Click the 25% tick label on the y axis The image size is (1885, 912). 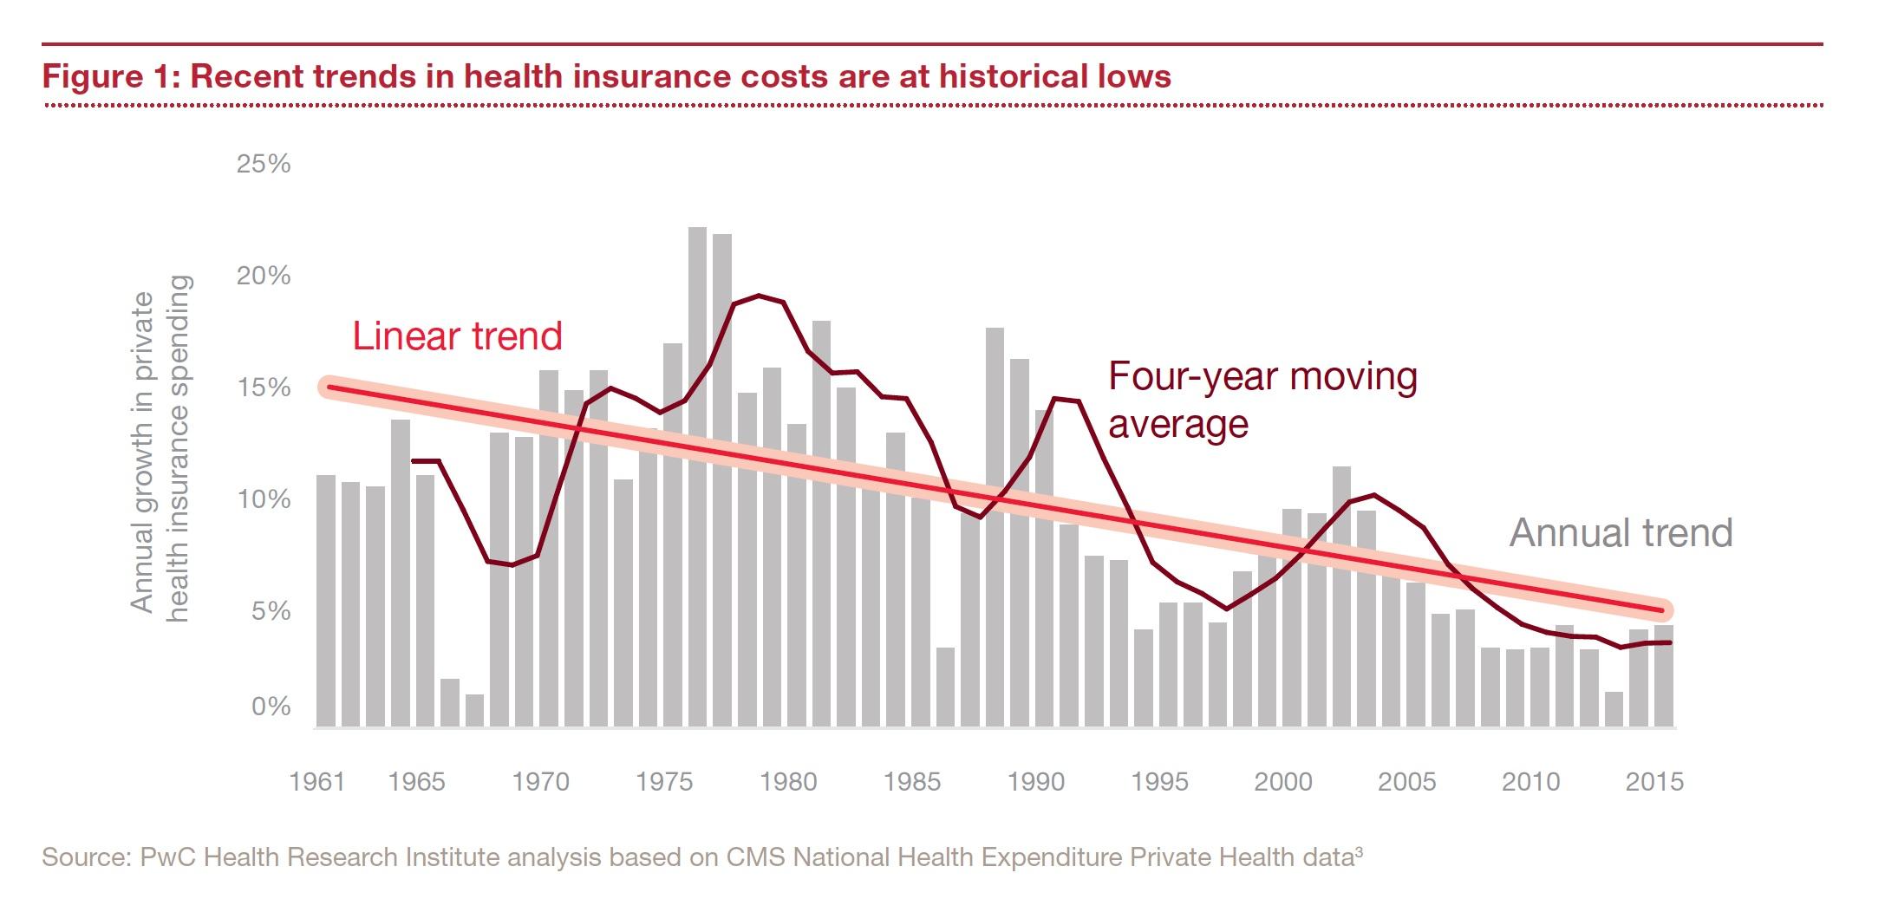tap(263, 164)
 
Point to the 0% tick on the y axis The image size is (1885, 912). tap(271, 707)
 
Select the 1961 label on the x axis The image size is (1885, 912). tap(316, 781)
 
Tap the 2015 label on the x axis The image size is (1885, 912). tap(1654, 781)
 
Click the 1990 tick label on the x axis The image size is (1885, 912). tap(1035, 781)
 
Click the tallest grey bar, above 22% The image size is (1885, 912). tap(697, 477)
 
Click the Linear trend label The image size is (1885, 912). tap(457, 336)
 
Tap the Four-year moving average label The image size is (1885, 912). tap(1262, 400)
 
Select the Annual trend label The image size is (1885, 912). tap(1621, 532)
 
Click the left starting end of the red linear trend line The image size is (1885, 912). tap(328, 387)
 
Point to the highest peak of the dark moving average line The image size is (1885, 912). tap(759, 296)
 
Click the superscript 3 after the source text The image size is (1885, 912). tap(1358, 851)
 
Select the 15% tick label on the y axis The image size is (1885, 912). tap(263, 388)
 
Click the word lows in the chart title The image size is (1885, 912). tap(1132, 76)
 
